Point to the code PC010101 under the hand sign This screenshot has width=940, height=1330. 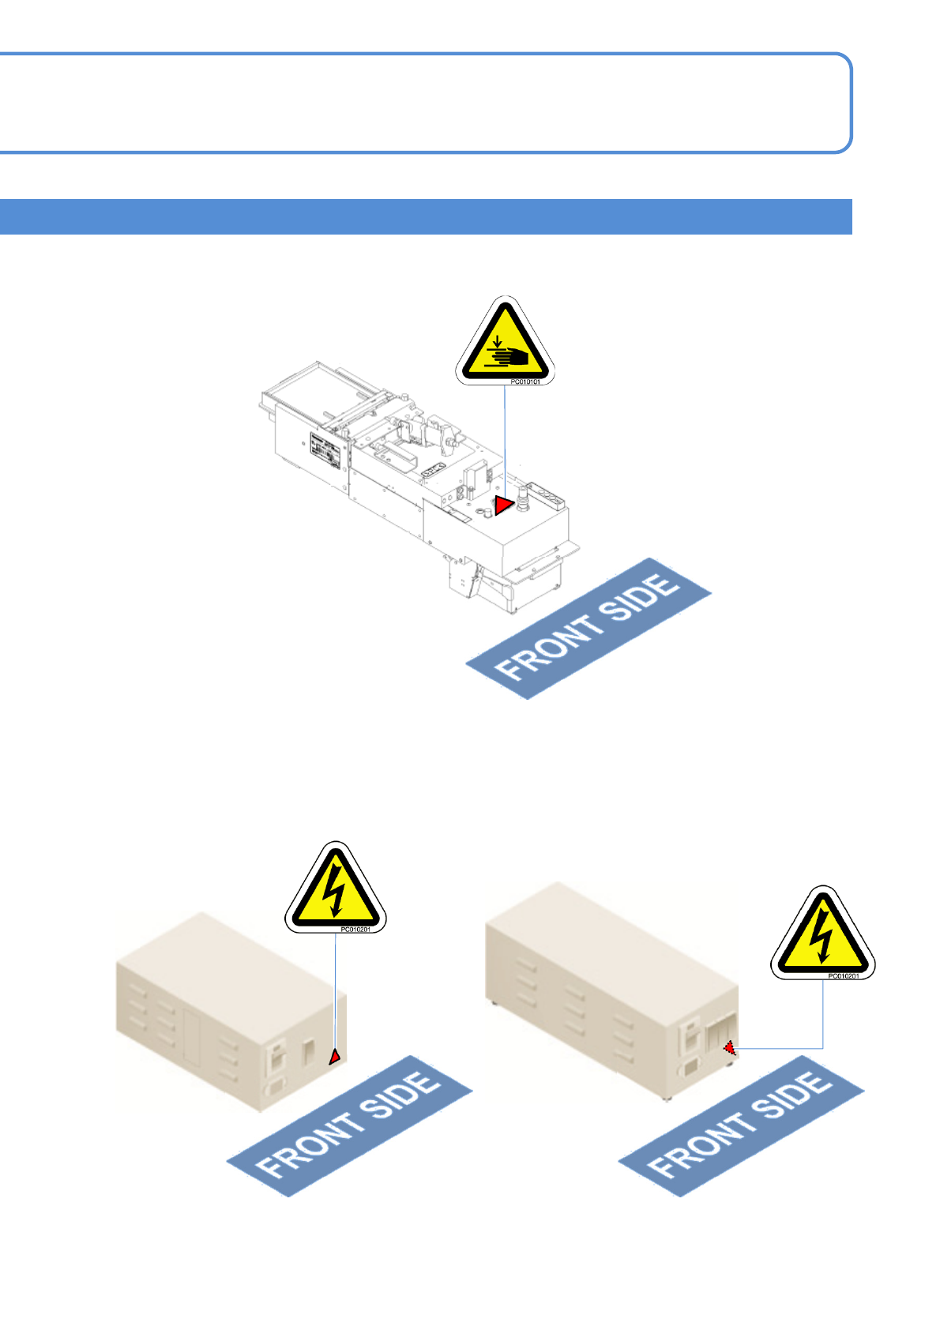click(x=525, y=382)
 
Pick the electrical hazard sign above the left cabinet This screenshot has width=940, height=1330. click(x=336, y=889)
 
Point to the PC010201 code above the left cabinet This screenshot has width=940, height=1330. click(x=355, y=930)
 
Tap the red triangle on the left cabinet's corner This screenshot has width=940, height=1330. click(x=335, y=1056)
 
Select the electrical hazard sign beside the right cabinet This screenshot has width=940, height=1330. click(x=823, y=934)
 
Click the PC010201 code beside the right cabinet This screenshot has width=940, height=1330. click(x=843, y=976)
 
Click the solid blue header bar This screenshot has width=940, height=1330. click(x=426, y=216)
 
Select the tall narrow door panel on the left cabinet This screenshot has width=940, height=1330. click(x=193, y=1035)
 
